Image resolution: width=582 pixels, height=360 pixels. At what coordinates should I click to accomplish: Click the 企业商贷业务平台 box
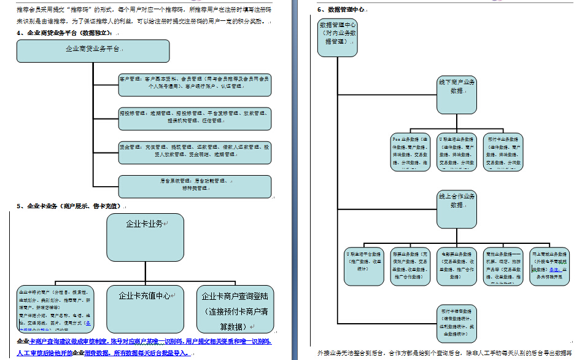(x=93, y=50)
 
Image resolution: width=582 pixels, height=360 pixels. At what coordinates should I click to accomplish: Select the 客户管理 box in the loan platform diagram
(x=195, y=84)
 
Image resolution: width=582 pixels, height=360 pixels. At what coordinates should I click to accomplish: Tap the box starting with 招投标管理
(x=195, y=118)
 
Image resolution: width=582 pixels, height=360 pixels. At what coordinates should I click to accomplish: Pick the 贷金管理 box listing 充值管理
(x=195, y=151)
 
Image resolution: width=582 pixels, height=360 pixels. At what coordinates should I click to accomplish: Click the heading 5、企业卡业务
(x=68, y=206)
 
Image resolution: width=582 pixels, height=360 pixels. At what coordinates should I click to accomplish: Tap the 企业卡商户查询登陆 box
(x=236, y=307)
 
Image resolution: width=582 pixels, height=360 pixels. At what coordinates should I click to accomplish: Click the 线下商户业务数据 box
(x=457, y=95)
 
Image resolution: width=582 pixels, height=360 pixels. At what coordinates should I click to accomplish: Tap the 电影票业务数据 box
(x=457, y=266)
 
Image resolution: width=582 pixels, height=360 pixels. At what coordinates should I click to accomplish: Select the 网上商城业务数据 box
(x=549, y=266)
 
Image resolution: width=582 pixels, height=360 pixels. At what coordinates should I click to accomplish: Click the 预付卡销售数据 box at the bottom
(x=457, y=321)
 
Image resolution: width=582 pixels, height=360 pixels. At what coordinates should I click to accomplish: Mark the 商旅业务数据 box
(x=503, y=266)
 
